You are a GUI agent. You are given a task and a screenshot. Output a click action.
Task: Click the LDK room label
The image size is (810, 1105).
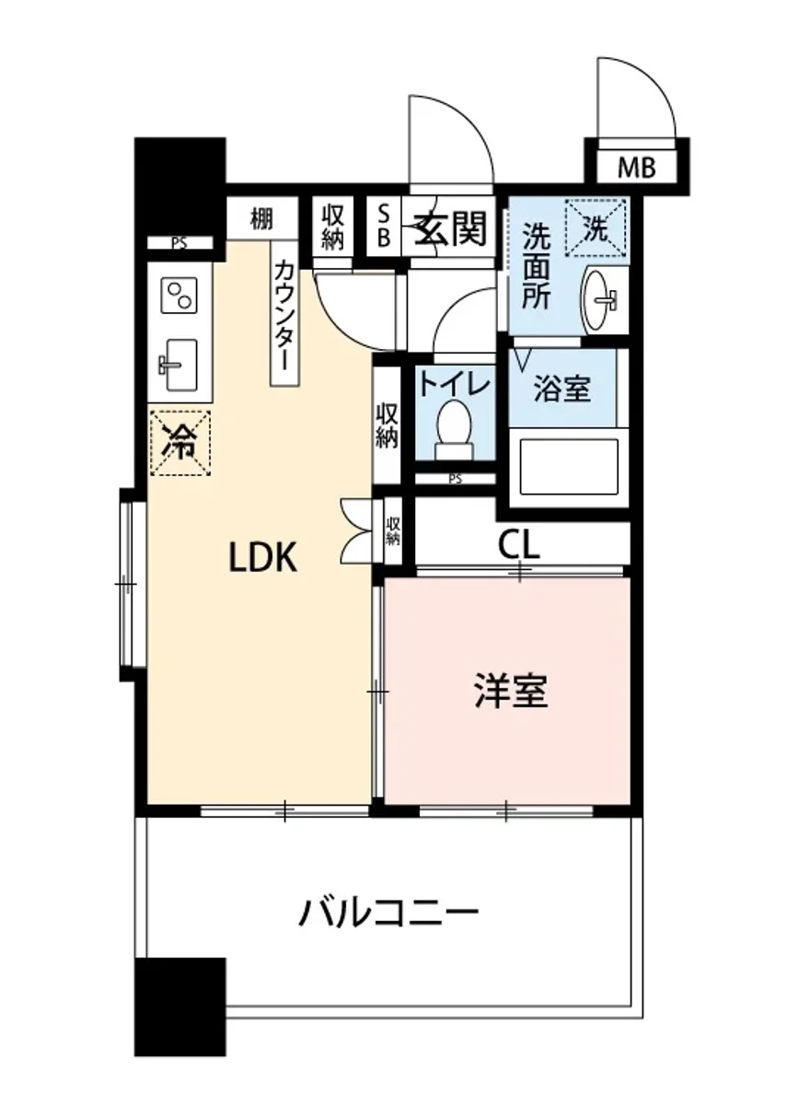263,558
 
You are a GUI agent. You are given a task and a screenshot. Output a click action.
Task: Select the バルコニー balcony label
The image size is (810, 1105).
388,914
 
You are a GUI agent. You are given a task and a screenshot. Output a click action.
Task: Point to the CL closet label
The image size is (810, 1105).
519,545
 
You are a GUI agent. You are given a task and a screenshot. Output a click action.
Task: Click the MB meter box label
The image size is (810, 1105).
636,168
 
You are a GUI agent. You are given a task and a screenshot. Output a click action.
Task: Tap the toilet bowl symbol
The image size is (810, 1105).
452,429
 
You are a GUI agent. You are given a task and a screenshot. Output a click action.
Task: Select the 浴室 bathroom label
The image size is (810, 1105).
562,389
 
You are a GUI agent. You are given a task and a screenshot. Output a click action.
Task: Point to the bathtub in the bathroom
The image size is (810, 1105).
568,466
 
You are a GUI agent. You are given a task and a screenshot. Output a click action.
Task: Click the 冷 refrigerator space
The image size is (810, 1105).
180,443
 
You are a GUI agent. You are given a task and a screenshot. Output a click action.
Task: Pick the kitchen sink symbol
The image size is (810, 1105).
181,363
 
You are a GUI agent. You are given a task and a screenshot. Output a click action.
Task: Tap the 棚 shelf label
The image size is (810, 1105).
261,220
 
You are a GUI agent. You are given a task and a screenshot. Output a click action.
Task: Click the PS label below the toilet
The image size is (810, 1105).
454,479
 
